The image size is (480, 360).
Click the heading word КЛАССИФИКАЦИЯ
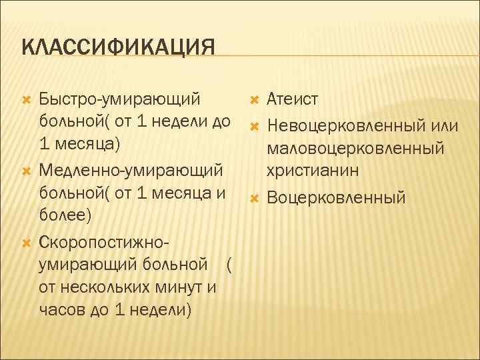pos(118,49)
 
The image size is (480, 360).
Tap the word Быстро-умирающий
pos(120,100)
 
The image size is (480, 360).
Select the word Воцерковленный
pos(336,197)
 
